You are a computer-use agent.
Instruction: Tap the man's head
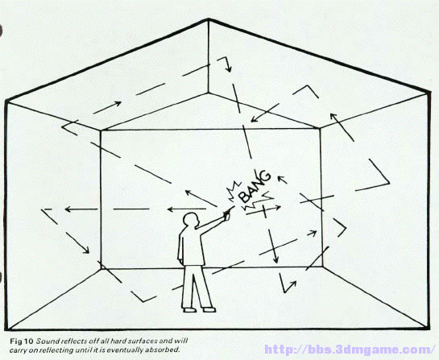click(191, 221)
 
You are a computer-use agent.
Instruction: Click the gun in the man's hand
click(228, 212)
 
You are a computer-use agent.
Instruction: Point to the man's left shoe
click(209, 309)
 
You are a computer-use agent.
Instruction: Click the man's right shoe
click(190, 310)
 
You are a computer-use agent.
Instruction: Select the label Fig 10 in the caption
click(22, 341)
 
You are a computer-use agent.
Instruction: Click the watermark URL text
click(350, 350)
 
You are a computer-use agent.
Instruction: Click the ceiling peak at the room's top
click(209, 19)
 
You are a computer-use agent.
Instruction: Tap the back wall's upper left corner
click(101, 130)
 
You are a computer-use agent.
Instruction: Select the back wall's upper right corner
click(321, 129)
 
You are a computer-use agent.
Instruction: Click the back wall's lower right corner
click(323, 267)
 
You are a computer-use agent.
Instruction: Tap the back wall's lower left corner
click(101, 269)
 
